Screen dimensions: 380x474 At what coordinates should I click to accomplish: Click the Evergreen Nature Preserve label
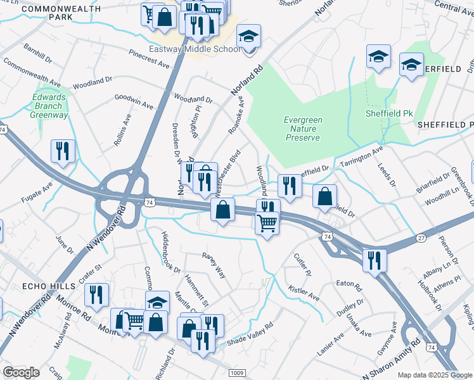click(x=303, y=129)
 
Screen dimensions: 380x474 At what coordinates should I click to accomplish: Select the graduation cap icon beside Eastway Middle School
click(x=249, y=37)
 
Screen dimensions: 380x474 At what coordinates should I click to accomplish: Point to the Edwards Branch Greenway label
click(x=50, y=106)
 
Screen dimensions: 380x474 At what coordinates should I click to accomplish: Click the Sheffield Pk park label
click(x=389, y=113)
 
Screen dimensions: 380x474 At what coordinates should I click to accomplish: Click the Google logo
click(x=21, y=372)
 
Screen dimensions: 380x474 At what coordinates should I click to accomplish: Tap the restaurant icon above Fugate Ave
click(x=63, y=152)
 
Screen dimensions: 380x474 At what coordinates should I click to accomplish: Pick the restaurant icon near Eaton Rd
click(x=375, y=260)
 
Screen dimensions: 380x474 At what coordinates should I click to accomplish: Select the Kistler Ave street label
click(x=304, y=292)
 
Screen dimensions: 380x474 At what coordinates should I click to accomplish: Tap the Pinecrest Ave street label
click(x=149, y=60)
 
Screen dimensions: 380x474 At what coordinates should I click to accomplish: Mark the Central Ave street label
click(x=455, y=8)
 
